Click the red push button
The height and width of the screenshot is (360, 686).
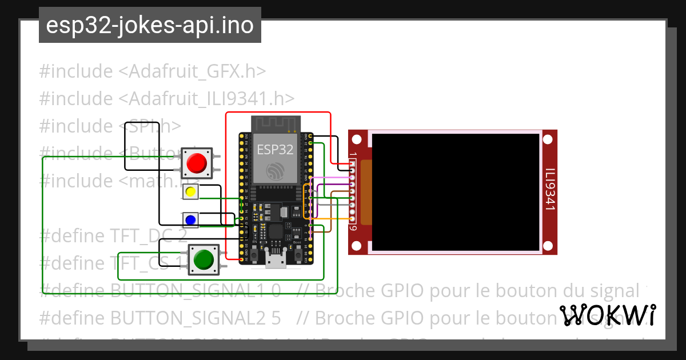(x=197, y=163)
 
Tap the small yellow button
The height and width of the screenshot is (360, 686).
(x=190, y=192)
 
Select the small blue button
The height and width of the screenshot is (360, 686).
(x=190, y=219)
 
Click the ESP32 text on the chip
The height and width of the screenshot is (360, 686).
(x=275, y=150)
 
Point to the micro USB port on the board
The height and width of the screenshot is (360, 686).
(x=276, y=261)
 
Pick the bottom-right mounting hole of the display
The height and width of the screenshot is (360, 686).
(x=549, y=246)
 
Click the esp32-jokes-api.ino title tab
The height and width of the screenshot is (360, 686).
(x=150, y=26)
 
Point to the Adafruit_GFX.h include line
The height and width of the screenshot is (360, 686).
(x=153, y=71)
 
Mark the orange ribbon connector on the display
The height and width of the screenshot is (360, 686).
(x=366, y=191)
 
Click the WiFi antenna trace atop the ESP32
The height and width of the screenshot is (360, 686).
(x=275, y=123)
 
